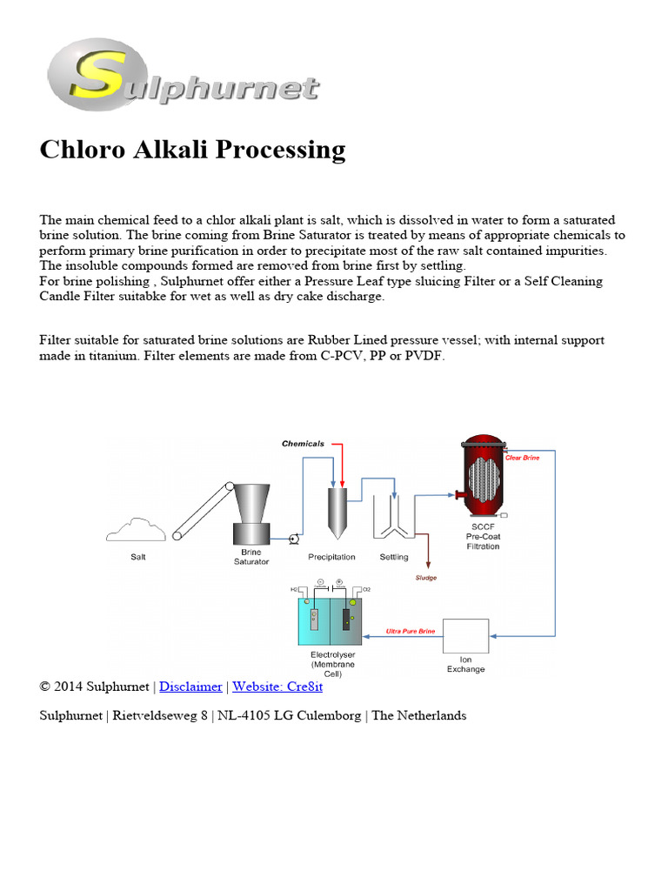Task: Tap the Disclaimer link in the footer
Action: pos(190,687)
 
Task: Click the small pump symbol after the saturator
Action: pos(294,539)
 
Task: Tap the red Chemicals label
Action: pos(303,444)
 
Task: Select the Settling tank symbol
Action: pos(393,520)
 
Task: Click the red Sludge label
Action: pos(425,577)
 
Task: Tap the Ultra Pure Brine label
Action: pos(410,631)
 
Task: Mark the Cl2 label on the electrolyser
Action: pos(366,589)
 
